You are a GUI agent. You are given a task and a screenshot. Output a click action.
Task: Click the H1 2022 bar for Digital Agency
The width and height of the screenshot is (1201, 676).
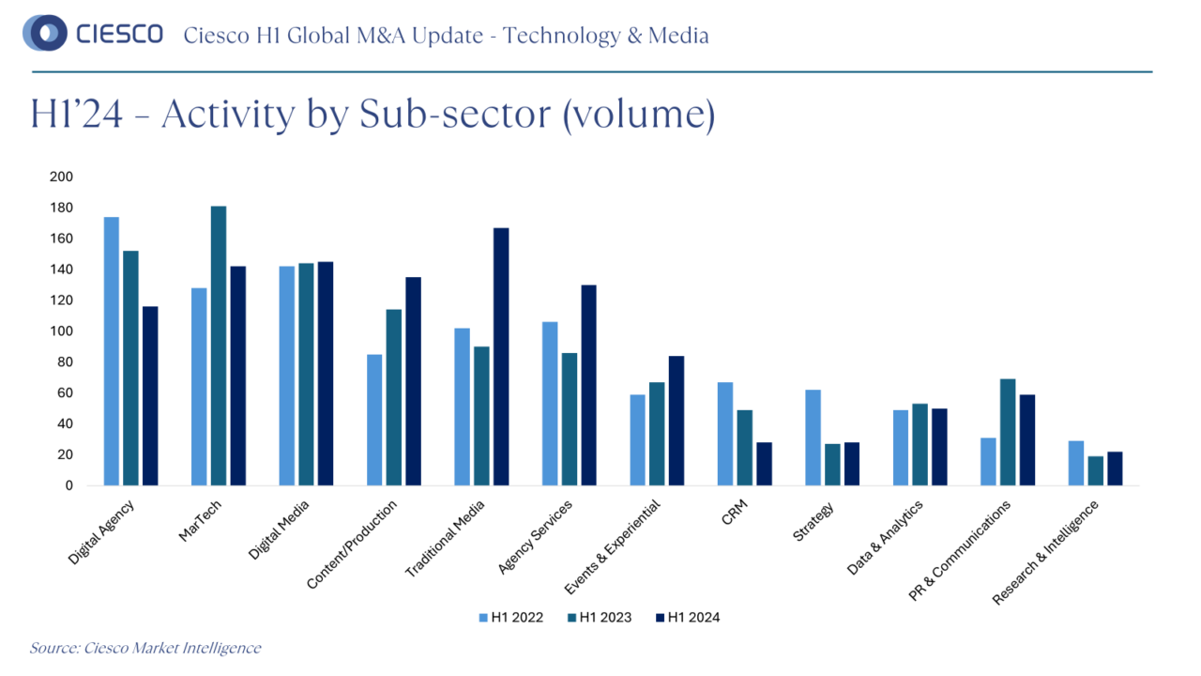point(112,351)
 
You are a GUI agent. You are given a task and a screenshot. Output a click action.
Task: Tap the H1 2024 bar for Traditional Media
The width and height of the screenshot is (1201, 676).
point(501,357)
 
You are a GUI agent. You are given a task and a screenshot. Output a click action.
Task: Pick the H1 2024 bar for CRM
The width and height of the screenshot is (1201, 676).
point(765,464)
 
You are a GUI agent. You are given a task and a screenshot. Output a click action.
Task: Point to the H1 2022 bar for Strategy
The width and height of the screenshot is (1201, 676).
point(813,438)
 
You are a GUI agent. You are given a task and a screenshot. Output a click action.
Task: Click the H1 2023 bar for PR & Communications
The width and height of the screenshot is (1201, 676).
point(1008,432)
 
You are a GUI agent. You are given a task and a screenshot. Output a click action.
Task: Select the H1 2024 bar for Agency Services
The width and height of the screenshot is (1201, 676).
point(589,385)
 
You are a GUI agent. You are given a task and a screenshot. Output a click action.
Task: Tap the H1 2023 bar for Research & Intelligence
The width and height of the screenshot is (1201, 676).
point(1095,470)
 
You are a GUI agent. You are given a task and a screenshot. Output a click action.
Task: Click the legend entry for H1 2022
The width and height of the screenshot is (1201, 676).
point(510,617)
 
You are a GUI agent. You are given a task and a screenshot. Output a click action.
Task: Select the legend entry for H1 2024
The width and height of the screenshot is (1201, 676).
point(687,617)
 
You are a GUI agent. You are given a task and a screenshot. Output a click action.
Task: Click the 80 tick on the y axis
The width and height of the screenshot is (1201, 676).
point(66,361)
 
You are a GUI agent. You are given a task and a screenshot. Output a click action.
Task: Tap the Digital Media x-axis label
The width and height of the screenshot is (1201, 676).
point(279,530)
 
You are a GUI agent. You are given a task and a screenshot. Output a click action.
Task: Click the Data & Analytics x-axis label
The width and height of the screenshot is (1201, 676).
point(885,537)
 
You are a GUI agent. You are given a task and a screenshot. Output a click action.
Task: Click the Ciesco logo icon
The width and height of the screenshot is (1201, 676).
point(44,35)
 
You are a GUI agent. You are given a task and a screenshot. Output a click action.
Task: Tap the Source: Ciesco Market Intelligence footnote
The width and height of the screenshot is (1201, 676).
point(145,648)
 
